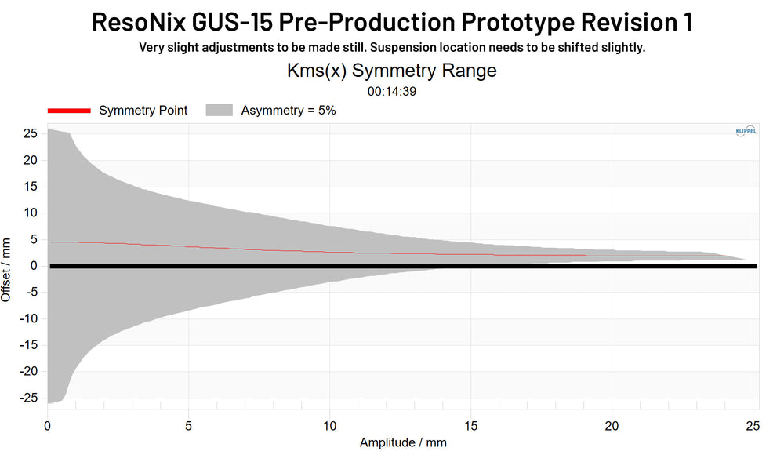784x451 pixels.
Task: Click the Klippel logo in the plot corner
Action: pyautogui.click(x=746, y=131)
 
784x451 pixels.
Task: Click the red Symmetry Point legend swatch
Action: pyautogui.click(x=69, y=111)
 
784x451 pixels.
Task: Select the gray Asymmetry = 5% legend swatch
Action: pyautogui.click(x=220, y=111)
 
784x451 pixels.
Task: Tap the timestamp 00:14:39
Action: pyautogui.click(x=391, y=91)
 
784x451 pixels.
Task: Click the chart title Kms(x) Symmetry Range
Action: pyautogui.click(x=392, y=71)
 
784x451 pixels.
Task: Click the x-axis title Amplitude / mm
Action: pyautogui.click(x=403, y=442)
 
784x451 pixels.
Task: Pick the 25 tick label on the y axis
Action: pyautogui.click(x=30, y=134)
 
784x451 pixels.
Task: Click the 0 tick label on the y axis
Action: pyautogui.click(x=34, y=266)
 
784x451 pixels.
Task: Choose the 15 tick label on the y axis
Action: pyautogui.click(x=30, y=187)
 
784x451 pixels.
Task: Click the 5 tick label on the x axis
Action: pyautogui.click(x=189, y=426)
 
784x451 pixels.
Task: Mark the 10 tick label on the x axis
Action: pyautogui.click(x=329, y=426)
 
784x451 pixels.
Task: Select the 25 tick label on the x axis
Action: pyautogui.click(x=753, y=426)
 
